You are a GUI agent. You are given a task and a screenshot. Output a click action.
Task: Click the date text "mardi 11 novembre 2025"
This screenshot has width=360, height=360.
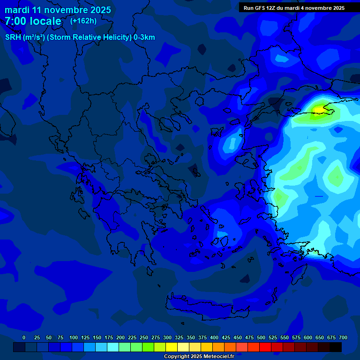point(58,10)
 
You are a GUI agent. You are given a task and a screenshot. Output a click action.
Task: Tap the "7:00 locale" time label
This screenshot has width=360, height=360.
point(33,21)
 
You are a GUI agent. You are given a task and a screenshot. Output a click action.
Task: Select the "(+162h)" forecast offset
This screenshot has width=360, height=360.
point(83,21)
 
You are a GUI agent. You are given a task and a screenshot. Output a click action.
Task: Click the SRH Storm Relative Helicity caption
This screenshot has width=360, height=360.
point(80,37)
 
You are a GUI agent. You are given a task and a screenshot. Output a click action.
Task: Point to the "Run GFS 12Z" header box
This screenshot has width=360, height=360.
point(294,7)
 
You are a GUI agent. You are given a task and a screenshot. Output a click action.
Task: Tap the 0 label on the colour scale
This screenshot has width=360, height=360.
point(24,337)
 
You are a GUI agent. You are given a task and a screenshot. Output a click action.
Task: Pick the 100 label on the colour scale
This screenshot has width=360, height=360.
point(74,337)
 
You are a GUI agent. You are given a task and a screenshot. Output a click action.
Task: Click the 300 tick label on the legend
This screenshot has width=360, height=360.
point(167,337)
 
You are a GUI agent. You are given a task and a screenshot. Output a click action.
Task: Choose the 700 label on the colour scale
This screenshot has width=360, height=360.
point(343,337)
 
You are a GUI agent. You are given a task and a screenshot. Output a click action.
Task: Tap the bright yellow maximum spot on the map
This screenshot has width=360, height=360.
point(319,109)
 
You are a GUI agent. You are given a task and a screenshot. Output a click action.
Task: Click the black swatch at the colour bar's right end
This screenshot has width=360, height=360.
point(336,347)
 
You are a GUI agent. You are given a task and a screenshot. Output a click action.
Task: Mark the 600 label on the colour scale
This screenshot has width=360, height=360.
point(308,337)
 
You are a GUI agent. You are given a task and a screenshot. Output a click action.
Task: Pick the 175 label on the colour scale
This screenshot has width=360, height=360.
point(109,337)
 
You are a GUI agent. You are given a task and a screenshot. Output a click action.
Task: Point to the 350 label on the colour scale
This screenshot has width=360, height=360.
point(191,337)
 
